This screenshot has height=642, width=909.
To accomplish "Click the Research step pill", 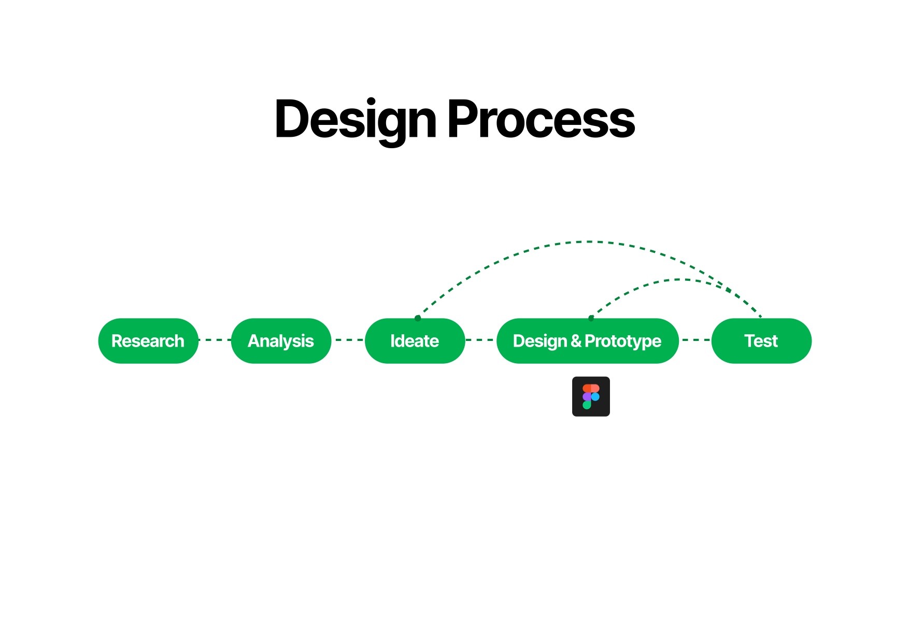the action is pyautogui.click(x=148, y=341).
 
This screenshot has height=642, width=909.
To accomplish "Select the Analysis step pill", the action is pyautogui.click(x=281, y=341).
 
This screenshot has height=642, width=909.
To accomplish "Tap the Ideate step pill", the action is pyautogui.click(x=415, y=341).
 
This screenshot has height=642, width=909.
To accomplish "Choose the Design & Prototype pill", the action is pyautogui.click(x=587, y=341).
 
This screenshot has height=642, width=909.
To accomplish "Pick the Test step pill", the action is pyautogui.click(x=761, y=341).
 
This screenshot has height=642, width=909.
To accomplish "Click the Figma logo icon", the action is pyautogui.click(x=591, y=396).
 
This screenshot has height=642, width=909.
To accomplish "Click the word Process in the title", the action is pyautogui.click(x=541, y=120).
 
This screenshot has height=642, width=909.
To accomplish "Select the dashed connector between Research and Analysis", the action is pyautogui.click(x=215, y=340).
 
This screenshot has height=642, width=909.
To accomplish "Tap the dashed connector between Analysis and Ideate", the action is pyautogui.click(x=348, y=340).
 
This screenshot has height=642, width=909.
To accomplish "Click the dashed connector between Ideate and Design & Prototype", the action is pyautogui.click(x=481, y=340).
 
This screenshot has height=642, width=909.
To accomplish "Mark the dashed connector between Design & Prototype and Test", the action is pyautogui.click(x=695, y=340).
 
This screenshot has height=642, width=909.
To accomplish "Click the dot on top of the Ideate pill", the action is pyautogui.click(x=418, y=318).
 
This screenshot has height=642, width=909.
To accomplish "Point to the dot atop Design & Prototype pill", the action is pyautogui.click(x=591, y=318).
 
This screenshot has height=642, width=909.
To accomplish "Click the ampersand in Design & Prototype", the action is pyautogui.click(x=576, y=341).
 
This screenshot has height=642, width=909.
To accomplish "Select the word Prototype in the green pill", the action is pyautogui.click(x=623, y=342).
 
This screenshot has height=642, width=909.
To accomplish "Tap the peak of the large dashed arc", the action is pyautogui.click(x=588, y=241).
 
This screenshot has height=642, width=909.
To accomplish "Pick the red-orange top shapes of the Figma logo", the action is pyautogui.click(x=591, y=388).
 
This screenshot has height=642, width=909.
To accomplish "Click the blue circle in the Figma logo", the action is pyautogui.click(x=595, y=397).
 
